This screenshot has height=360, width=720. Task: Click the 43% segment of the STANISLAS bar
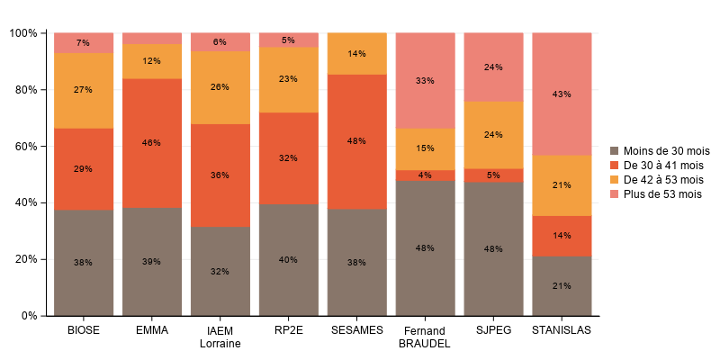562,94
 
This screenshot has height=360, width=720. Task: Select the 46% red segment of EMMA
151,143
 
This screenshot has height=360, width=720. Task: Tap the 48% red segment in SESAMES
356,141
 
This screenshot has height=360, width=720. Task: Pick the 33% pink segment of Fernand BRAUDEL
425,80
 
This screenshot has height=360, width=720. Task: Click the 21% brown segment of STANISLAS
562,285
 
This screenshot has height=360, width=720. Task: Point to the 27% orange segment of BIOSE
83,90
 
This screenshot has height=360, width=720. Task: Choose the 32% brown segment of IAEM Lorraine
220,271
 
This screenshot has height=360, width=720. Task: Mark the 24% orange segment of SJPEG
493,135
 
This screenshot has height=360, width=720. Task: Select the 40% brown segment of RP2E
288,260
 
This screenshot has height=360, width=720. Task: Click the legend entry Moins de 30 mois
661,150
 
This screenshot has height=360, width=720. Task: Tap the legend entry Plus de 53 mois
661,193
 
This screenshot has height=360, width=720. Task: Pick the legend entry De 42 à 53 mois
661,179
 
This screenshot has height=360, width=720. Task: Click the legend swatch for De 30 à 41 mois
615,165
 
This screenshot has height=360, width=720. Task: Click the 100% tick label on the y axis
22,33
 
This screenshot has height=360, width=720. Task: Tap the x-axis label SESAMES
356,330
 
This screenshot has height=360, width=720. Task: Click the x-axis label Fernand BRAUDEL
425,337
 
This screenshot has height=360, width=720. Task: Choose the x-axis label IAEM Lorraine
220,337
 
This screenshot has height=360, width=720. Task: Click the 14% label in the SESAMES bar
356,54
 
